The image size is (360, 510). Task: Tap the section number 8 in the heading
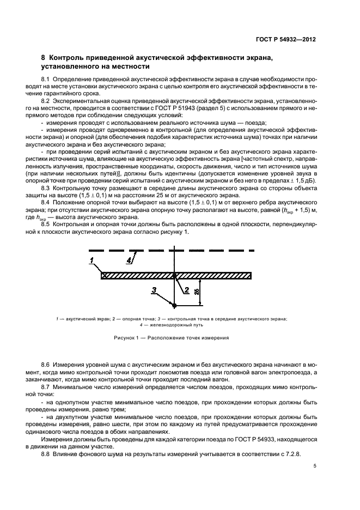pyautogui.click(x=44, y=58)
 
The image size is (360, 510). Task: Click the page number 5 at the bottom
pyautogui.click(x=315, y=465)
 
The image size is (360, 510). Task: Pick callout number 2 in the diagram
pyautogui.click(x=187, y=289)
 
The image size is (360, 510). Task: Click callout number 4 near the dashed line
pyautogui.click(x=129, y=260)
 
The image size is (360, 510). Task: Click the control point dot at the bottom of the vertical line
pyautogui.click(x=174, y=305)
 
